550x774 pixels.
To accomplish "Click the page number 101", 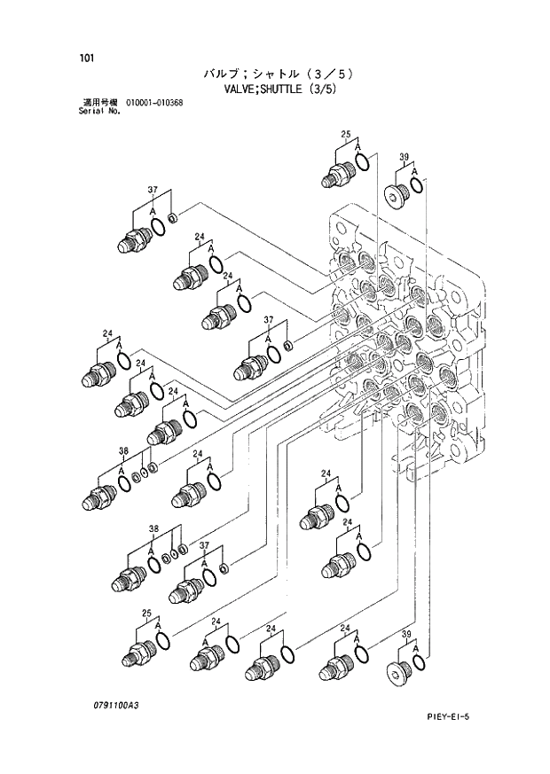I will point(86,59).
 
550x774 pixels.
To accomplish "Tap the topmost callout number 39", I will point(404,159).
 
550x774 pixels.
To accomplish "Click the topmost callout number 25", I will point(346,134).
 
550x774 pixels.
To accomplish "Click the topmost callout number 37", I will point(153,191).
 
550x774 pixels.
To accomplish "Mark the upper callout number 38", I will point(124,451).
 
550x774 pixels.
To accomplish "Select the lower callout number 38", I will point(153,529).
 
